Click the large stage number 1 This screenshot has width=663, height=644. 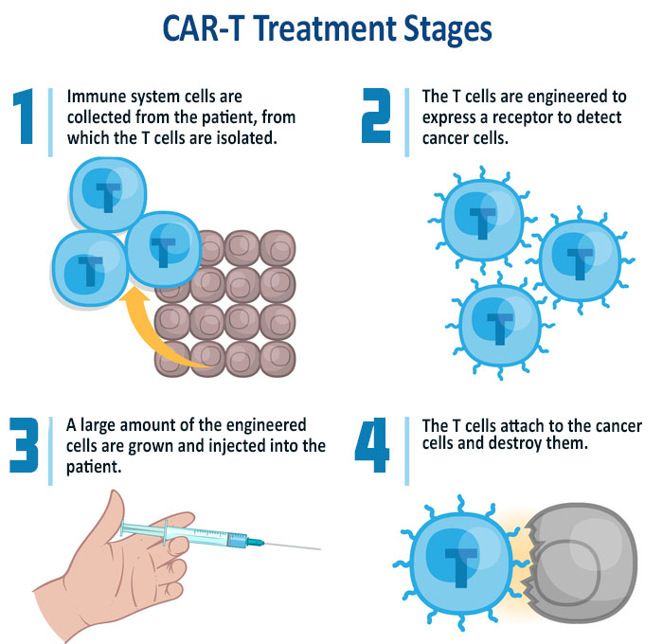[24, 116]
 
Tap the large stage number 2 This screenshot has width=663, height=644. [376, 116]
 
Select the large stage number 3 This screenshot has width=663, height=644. [24, 445]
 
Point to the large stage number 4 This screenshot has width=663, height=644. [372, 445]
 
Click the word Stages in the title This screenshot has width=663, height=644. [447, 29]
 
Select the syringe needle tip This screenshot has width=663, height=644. [320, 549]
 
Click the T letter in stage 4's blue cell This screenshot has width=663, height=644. [460, 567]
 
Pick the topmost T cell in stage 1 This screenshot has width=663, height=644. [109, 194]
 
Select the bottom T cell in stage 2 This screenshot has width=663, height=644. [499, 325]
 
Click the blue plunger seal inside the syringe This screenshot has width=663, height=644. [237, 540]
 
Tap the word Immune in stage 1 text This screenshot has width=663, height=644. [96, 97]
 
